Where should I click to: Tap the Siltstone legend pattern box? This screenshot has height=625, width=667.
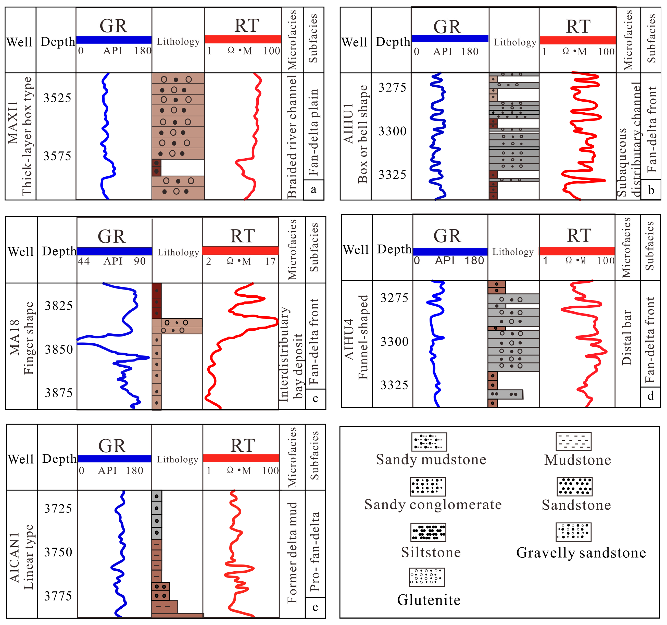428,532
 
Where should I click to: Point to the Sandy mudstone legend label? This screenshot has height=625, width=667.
431,459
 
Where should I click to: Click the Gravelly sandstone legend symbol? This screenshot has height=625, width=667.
573,532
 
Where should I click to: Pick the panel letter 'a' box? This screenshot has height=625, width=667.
314,190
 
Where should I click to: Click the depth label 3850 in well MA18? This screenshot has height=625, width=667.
59,350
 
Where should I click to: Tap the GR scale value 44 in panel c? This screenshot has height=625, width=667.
84,261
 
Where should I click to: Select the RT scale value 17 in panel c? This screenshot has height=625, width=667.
270,261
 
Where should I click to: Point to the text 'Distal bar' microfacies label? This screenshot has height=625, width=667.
626,337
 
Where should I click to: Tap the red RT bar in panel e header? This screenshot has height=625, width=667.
241,458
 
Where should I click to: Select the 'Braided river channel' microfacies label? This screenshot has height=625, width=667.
292,136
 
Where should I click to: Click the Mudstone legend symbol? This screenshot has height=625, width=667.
573,441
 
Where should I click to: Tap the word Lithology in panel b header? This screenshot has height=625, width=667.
515,42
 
